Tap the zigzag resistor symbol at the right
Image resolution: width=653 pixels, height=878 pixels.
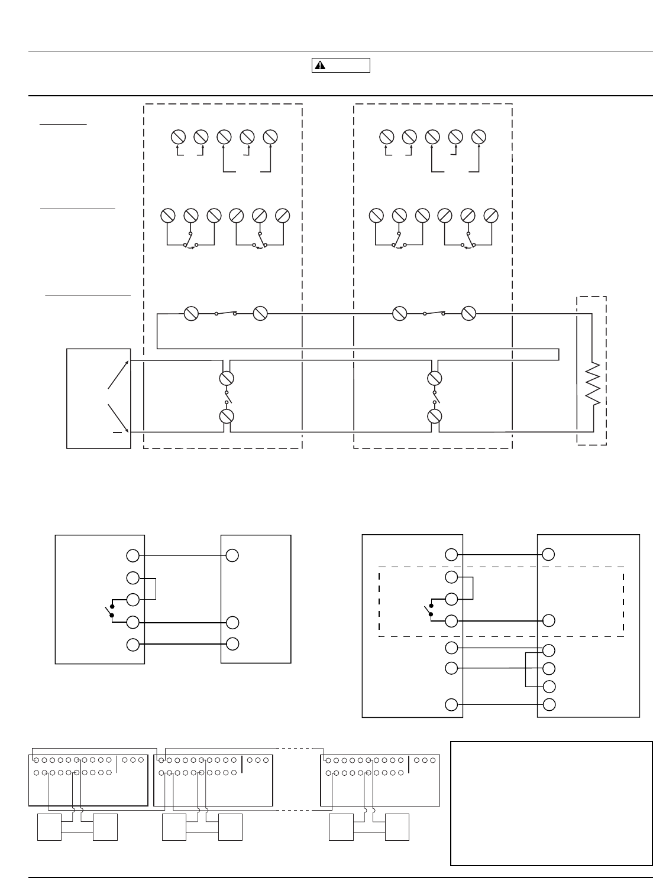(592, 384)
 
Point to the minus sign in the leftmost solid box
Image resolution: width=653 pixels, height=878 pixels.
(117, 433)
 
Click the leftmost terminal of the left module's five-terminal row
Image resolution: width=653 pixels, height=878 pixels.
(178, 137)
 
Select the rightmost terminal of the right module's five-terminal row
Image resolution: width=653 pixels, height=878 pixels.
(479, 137)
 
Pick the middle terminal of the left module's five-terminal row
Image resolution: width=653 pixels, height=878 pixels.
(224, 137)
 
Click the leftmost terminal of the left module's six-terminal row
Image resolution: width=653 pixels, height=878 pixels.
(168, 216)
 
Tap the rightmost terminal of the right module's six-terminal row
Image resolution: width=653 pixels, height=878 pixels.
(490, 216)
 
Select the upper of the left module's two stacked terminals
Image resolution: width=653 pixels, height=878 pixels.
(226, 378)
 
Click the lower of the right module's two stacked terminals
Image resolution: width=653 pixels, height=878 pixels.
(435, 417)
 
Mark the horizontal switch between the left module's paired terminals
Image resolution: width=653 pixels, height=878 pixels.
(225, 314)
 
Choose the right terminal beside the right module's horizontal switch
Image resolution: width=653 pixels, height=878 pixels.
(468, 314)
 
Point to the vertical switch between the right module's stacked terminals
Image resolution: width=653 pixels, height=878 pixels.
(435, 397)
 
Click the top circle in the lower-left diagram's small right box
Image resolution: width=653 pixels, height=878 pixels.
(232, 555)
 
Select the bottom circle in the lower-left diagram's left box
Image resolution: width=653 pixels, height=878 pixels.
(133, 645)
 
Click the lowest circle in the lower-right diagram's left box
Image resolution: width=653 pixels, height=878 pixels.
(451, 704)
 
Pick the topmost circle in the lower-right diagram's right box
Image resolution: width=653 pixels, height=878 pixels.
(548, 554)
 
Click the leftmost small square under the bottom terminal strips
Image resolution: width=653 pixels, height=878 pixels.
(49, 827)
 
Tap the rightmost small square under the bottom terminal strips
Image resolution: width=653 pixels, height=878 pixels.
(397, 827)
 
